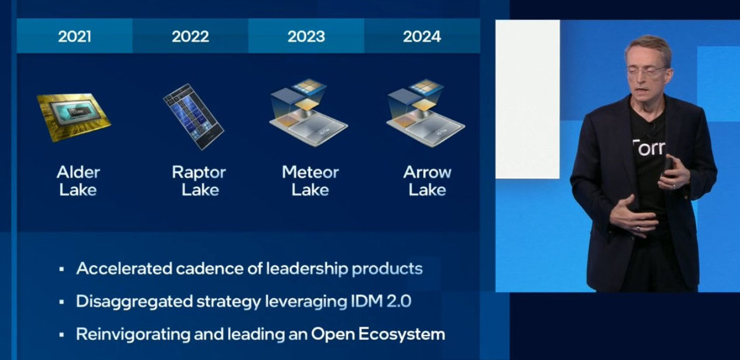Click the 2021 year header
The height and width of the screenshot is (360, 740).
pyautogui.click(x=74, y=36)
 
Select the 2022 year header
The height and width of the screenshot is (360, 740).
pyautogui.click(x=190, y=36)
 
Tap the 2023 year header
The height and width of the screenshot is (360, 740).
pyautogui.click(x=306, y=36)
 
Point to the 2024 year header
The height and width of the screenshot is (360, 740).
pyautogui.click(x=421, y=36)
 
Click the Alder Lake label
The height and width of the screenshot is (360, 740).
pyautogui.click(x=78, y=181)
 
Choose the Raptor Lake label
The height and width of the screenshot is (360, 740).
pyautogui.click(x=199, y=181)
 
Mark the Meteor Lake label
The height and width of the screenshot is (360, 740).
pyautogui.click(x=310, y=181)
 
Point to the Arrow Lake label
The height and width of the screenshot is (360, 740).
pyautogui.click(x=427, y=181)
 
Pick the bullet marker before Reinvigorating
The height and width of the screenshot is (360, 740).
pyautogui.click(x=61, y=335)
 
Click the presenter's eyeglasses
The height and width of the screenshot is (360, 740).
pyautogui.click(x=647, y=70)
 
